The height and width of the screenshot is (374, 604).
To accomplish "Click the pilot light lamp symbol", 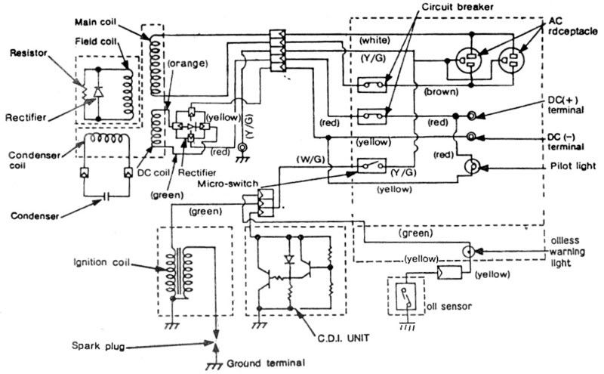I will [x=470, y=166].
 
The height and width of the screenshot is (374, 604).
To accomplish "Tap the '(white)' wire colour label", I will [x=375, y=39].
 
